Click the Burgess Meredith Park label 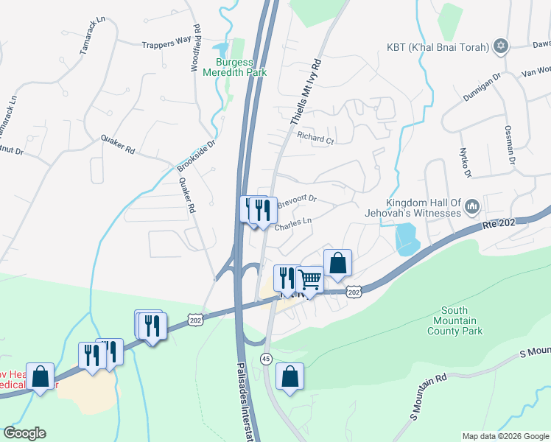(240, 67)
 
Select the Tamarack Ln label (93, 43)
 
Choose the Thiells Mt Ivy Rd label (306, 91)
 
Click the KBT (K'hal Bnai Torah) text (438, 47)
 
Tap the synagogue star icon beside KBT (502, 46)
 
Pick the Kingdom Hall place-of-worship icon (472, 207)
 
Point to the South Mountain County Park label (455, 321)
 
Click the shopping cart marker (311, 279)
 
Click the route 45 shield (265, 358)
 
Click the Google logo (24, 433)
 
